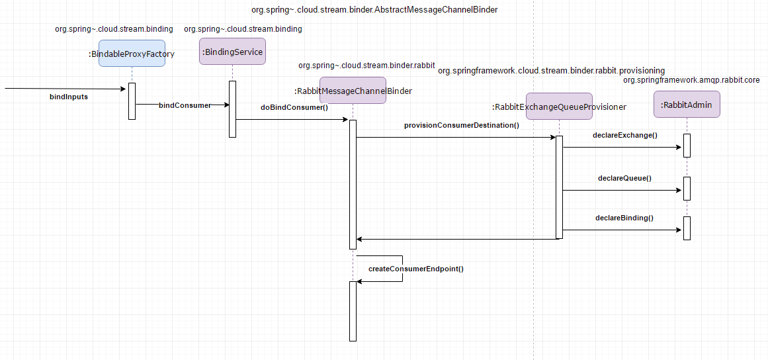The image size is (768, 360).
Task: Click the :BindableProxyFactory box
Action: [132, 54]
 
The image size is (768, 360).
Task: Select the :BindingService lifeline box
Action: [232, 52]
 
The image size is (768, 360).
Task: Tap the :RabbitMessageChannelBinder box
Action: [353, 90]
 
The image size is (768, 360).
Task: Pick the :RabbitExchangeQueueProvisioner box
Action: [559, 107]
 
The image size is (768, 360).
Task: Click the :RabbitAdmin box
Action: [687, 105]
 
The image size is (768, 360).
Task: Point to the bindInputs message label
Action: [69, 97]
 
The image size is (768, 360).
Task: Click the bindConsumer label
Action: [185, 105]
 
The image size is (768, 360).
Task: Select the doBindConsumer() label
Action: [294, 108]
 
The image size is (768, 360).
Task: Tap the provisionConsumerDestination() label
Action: [461, 125]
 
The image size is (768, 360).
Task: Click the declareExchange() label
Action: [625, 135]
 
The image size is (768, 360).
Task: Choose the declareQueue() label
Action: [624, 178]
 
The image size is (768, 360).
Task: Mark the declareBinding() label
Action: [624, 218]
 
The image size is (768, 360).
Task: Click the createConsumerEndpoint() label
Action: [416, 269]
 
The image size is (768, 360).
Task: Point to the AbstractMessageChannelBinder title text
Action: [374, 9]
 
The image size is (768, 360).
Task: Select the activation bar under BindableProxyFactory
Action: [132, 101]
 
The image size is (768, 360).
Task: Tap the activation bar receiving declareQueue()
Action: [687, 189]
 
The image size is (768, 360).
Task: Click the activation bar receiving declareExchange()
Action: [687, 146]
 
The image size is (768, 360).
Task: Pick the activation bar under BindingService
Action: [232, 109]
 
